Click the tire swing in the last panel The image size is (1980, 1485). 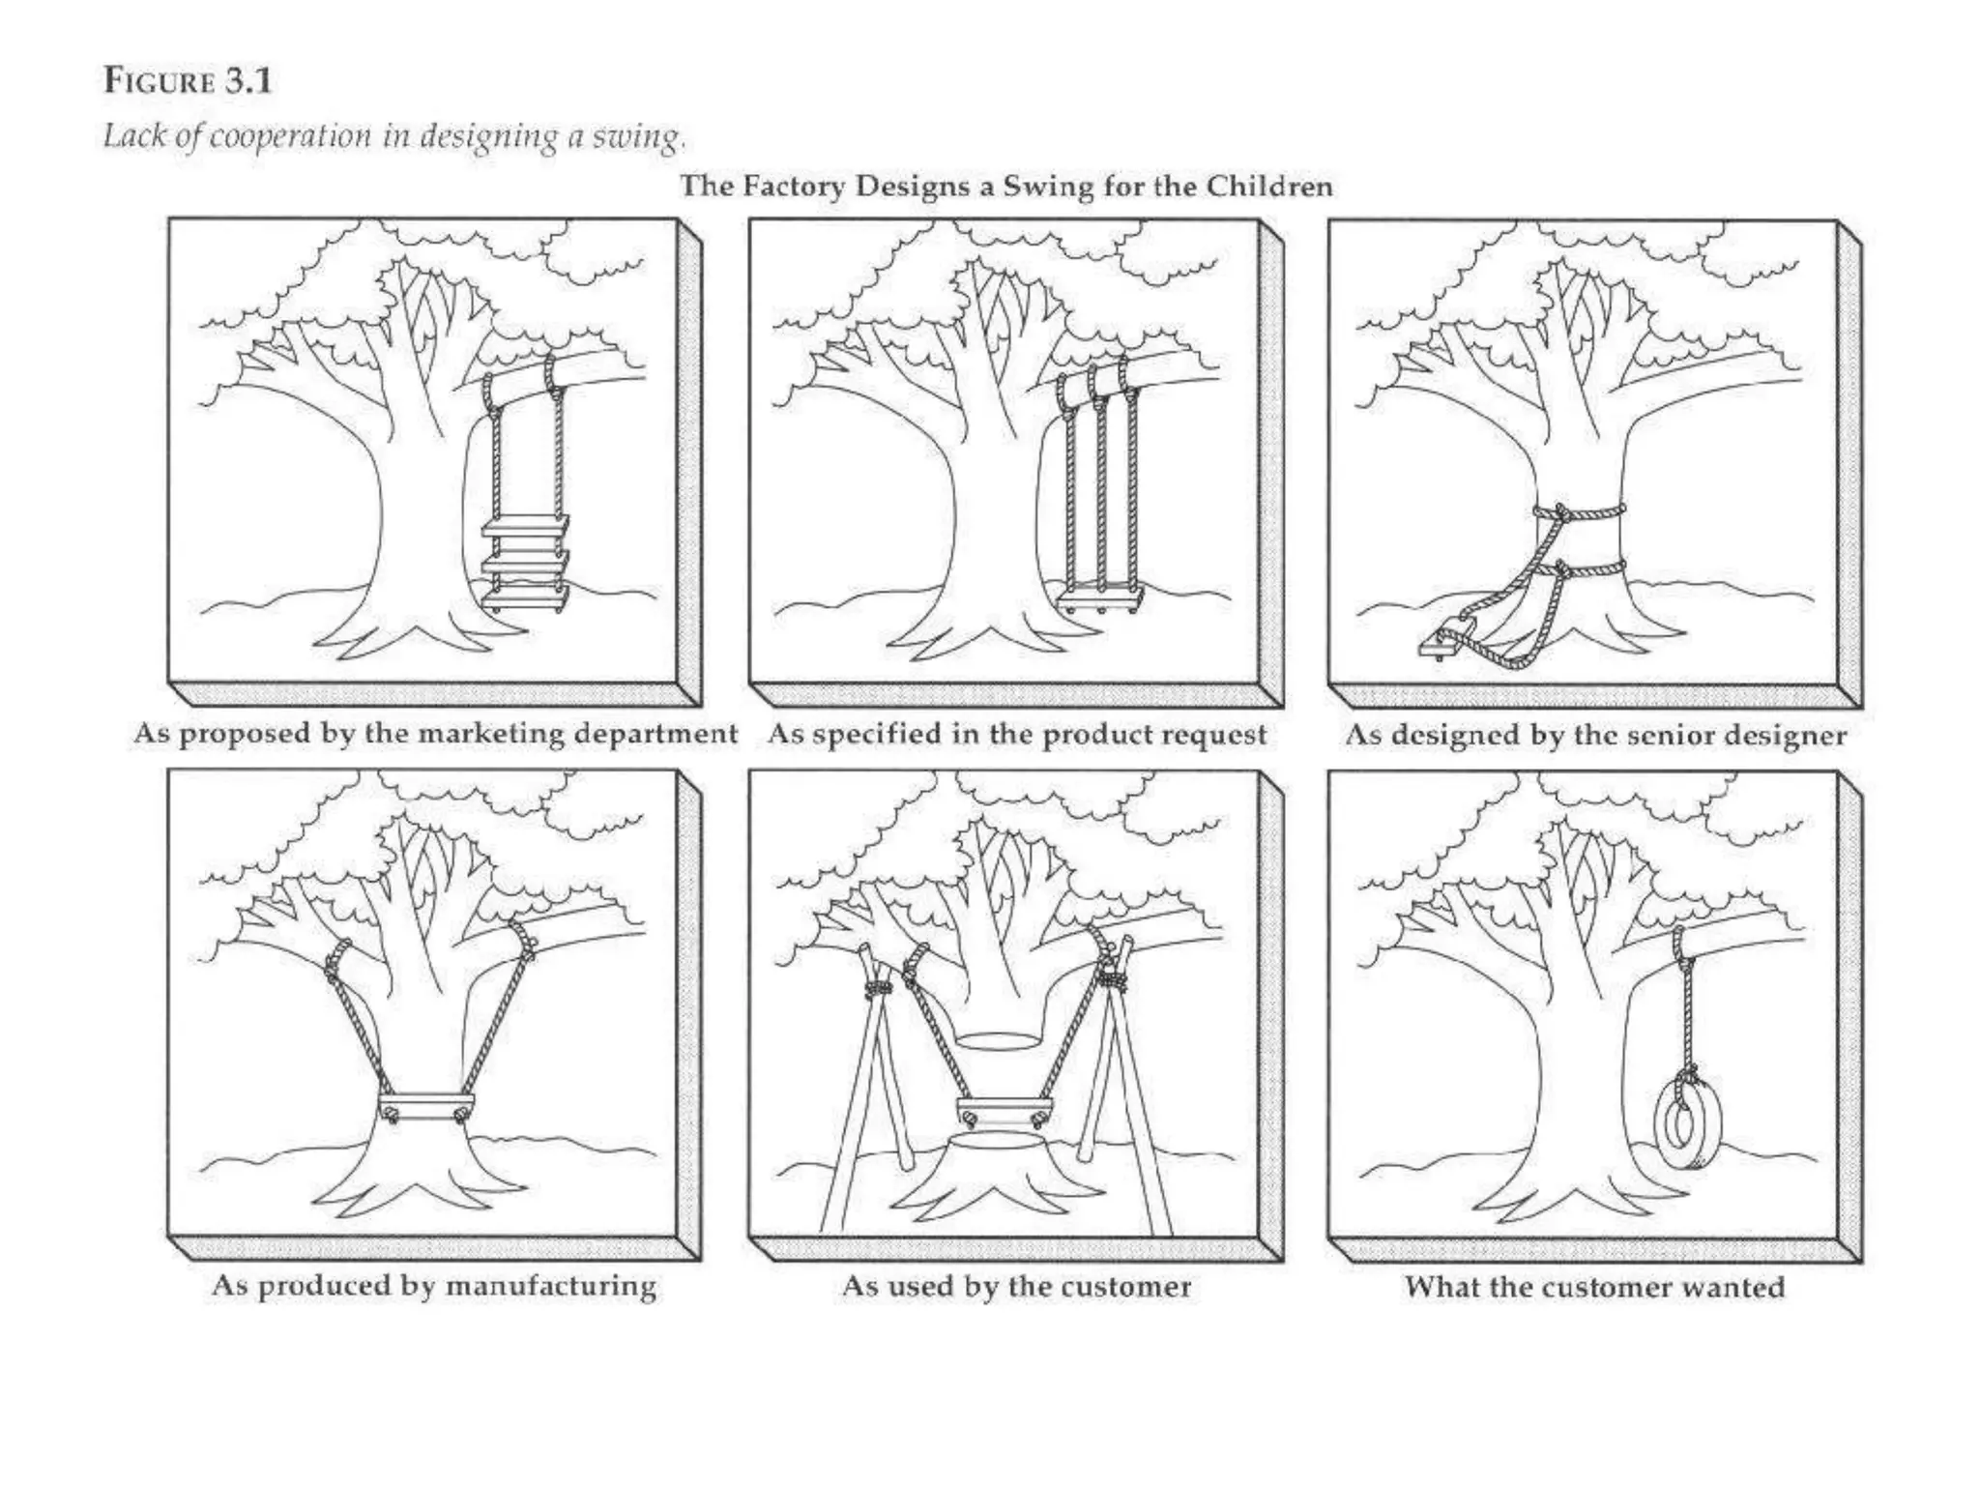click(1683, 1124)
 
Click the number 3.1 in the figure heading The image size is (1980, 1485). click(249, 80)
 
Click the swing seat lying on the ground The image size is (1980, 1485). click(1442, 645)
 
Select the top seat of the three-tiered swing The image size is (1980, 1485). click(525, 526)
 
